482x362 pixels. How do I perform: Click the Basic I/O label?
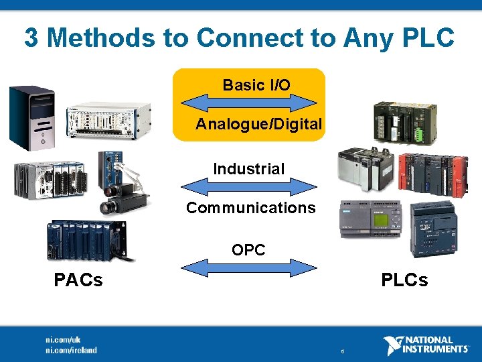pyautogui.click(x=256, y=85)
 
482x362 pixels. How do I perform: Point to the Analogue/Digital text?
pyautogui.click(x=258, y=125)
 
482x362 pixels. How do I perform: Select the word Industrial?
pyautogui.click(x=248, y=169)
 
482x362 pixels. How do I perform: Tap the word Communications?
pyautogui.click(x=250, y=208)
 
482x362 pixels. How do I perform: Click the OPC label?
pyautogui.click(x=248, y=250)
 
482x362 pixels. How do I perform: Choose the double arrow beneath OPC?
pyautogui.click(x=249, y=268)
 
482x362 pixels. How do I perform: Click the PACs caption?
pyautogui.click(x=78, y=280)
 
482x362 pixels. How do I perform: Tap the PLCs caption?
pyautogui.click(x=404, y=280)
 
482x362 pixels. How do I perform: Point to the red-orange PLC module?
pyautogui.click(x=432, y=173)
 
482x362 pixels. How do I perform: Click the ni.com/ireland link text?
pyautogui.click(x=71, y=350)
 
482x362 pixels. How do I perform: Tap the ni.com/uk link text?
pyautogui.click(x=63, y=340)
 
